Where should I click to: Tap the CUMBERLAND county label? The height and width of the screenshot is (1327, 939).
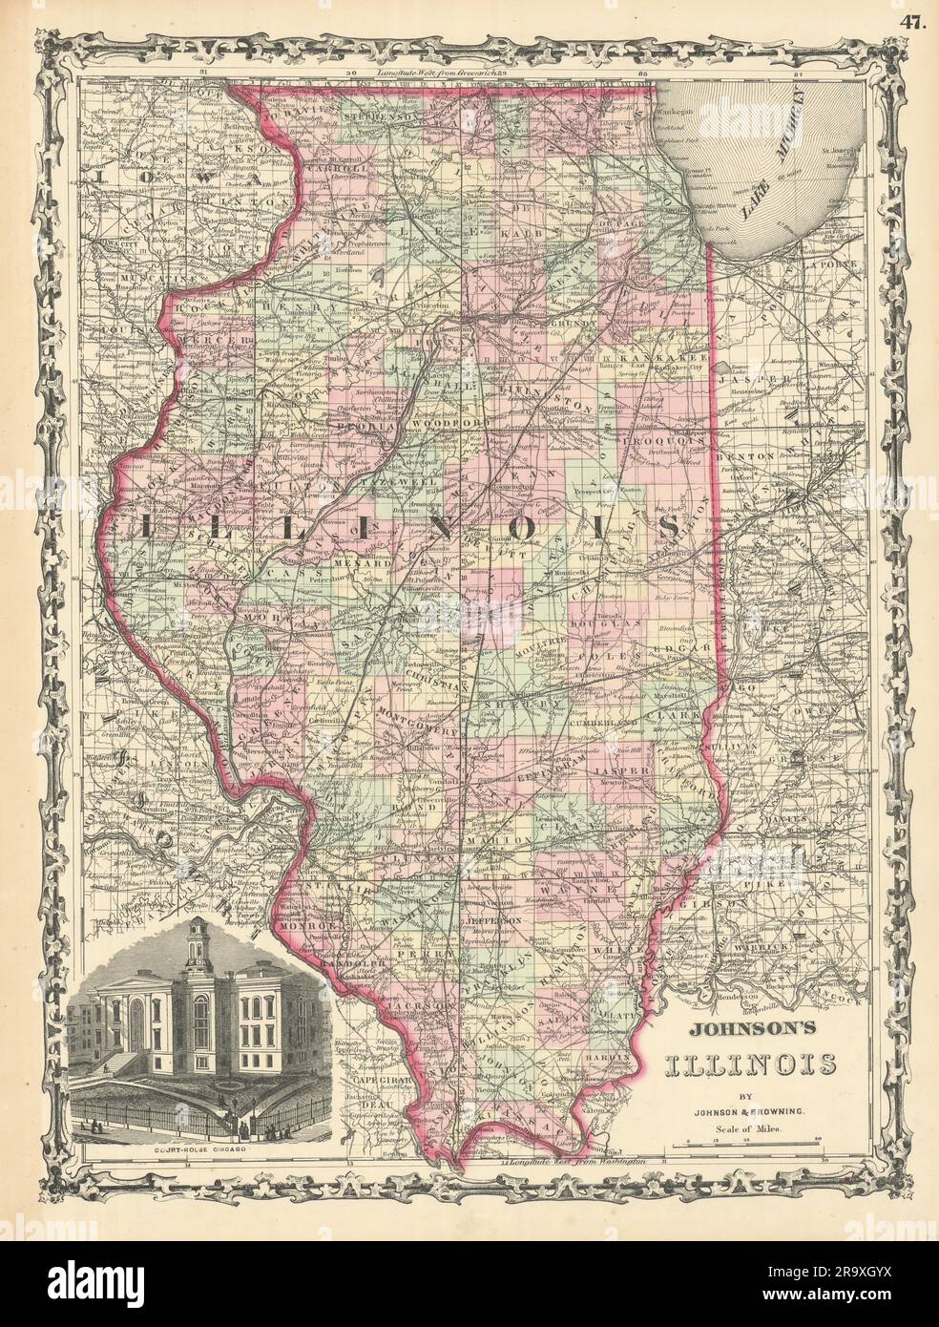(603, 725)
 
